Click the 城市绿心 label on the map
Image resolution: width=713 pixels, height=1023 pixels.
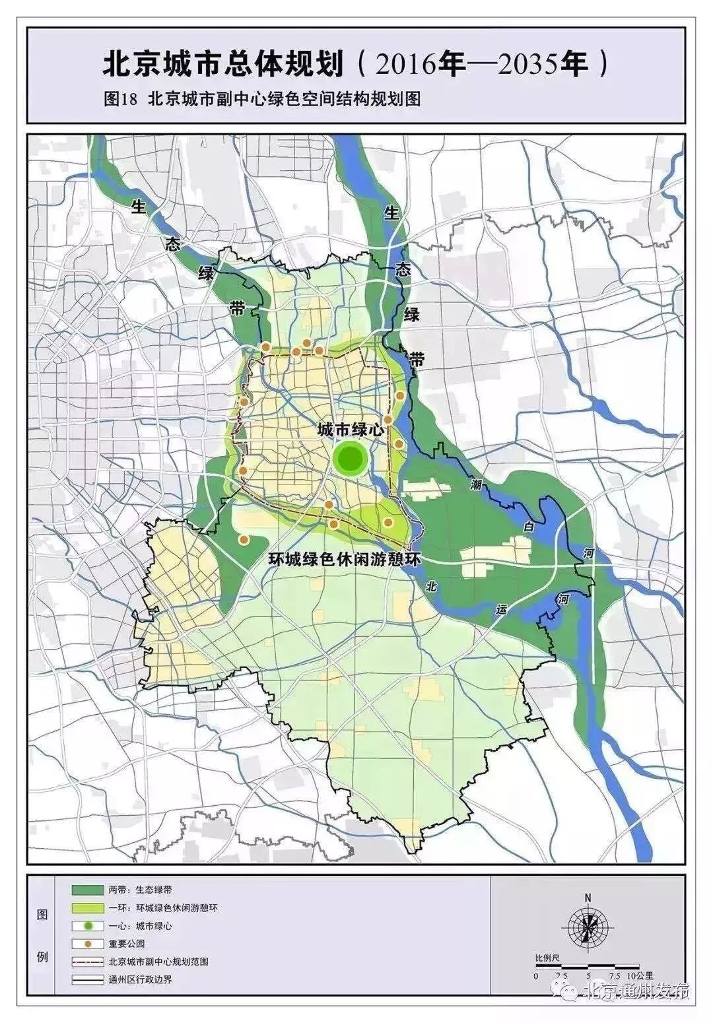pyautogui.click(x=351, y=430)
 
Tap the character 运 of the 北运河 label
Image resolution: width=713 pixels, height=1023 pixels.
pyautogui.click(x=502, y=610)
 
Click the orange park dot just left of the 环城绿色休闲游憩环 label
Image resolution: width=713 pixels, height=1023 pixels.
pyautogui.click(x=244, y=541)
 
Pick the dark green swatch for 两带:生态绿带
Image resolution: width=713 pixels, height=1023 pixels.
pyautogui.click(x=87, y=890)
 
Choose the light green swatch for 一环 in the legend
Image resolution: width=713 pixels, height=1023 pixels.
pyautogui.click(x=87, y=907)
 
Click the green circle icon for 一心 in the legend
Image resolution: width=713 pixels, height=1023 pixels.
pyautogui.click(x=87, y=925)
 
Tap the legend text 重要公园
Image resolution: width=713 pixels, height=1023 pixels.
pyautogui.click(x=127, y=944)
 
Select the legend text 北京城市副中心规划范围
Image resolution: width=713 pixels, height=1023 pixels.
pyautogui.click(x=158, y=962)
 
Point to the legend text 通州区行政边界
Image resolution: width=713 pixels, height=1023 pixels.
pyautogui.click(x=141, y=979)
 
